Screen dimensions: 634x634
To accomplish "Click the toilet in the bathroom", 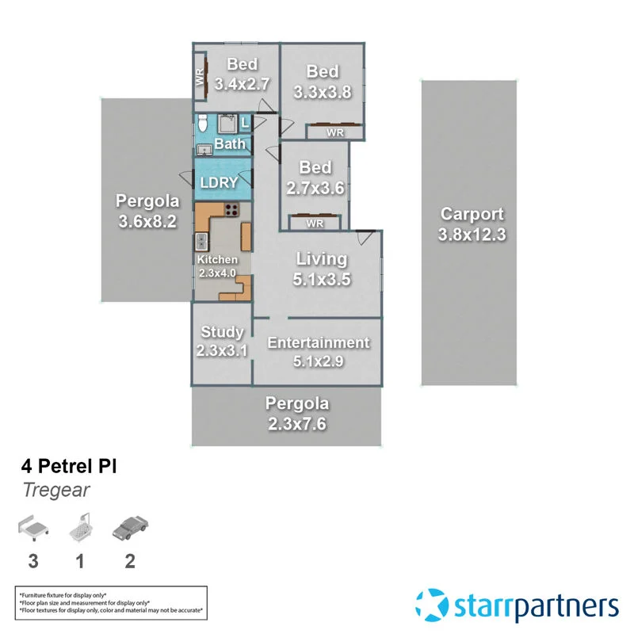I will tap(203, 123).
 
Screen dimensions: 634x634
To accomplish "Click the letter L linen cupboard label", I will tap(245, 123).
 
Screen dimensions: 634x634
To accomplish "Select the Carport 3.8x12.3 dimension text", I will tap(472, 235).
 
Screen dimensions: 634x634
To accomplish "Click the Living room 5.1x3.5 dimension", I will tap(322, 279).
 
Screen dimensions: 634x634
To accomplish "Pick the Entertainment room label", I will tap(318, 342).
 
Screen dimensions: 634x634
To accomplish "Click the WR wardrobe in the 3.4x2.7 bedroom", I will tap(201, 77).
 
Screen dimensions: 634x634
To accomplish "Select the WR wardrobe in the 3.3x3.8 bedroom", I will tap(335, 132).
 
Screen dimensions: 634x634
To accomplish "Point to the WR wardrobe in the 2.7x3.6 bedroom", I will tap(315, 223).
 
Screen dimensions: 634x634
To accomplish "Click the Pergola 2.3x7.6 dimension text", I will tap(296, 423).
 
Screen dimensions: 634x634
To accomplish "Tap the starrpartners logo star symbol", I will tap(433, 606).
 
